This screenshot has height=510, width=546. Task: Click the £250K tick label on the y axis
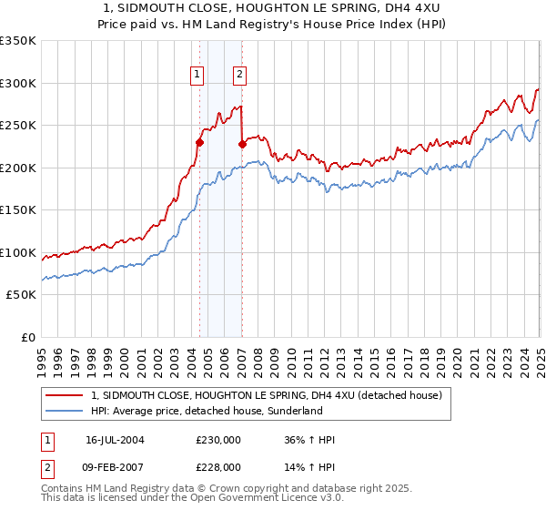[18, 126]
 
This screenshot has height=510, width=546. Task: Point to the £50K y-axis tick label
[21, 295]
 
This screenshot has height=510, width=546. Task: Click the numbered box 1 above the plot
[197, 76]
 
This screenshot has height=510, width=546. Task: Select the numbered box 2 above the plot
[239, 76]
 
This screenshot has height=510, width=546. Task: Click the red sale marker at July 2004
[199, 142]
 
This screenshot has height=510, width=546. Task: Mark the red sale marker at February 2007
[242, 144]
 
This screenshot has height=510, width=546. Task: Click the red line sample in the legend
[65, 395]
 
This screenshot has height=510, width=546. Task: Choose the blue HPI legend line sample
[65, 411]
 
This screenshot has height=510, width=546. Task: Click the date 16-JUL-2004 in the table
[115, 440]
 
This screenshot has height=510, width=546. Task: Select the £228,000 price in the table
[219, 467]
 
